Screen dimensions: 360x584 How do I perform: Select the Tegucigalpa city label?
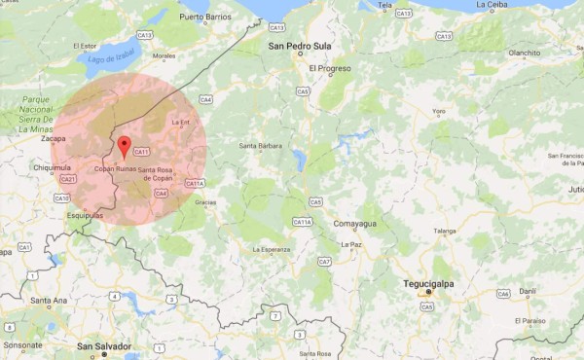click(429, 284)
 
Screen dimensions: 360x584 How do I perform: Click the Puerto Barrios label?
click(205, 18)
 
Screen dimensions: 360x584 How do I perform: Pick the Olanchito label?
click(522, 54)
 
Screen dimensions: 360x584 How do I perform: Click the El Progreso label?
click(328, 69)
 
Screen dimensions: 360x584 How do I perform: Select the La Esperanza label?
click(272, 249)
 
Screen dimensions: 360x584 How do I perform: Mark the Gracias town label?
click(205, 202)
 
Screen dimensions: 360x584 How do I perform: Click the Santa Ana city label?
click(48, 301)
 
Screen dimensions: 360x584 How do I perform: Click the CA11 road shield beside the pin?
click(141, 152)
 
